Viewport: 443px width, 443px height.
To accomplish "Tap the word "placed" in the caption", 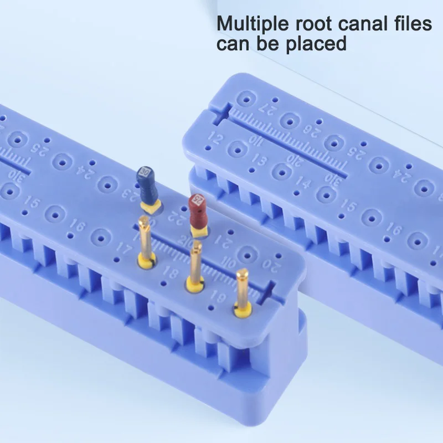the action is click(316, 43).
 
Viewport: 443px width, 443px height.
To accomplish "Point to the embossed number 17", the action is click(123, 249).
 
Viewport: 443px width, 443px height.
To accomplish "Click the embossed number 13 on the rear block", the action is click(258, 161).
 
